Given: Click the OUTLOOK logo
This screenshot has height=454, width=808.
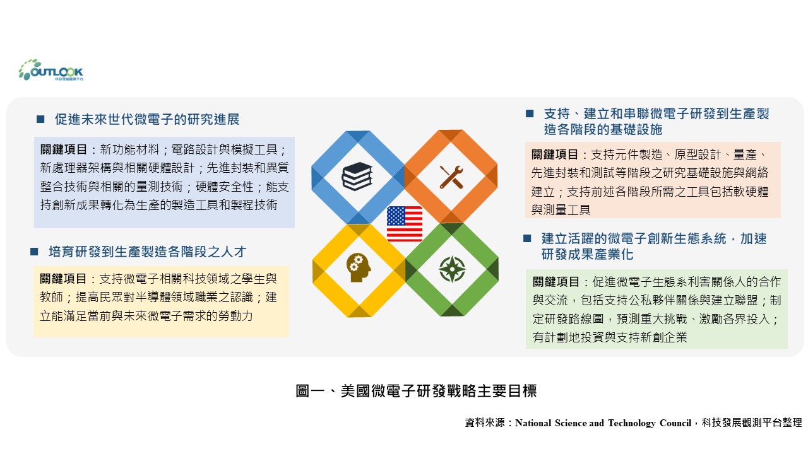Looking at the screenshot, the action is (51, 70).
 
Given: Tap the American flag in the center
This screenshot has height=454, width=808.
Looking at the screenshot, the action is (405, 224).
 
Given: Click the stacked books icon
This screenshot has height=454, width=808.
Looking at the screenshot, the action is (357, 176).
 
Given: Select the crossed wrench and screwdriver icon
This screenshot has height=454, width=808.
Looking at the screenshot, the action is (451, 177).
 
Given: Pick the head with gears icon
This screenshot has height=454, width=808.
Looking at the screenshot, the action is (358, 267).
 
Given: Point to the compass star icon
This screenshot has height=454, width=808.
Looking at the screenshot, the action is (452, 269).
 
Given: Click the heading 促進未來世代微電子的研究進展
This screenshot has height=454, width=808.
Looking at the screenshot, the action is (147, 119).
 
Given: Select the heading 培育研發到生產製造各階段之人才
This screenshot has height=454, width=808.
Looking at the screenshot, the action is (148, 252).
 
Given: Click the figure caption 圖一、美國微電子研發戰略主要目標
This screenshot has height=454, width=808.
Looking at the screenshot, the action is (416, 391).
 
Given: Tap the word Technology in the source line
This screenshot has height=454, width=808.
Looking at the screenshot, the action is (631, 423).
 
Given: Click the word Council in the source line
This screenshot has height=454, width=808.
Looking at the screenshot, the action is (675, 423).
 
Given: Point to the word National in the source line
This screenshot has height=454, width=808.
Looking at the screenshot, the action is (533, 423).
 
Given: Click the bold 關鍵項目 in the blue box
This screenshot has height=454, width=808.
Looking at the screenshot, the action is (64, 149).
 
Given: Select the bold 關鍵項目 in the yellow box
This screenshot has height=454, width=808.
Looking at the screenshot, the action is (62, 279).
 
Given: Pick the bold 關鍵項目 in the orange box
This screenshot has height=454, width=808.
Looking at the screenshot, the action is (554, 154).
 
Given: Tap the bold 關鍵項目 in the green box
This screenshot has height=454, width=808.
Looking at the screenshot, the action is (556, 282).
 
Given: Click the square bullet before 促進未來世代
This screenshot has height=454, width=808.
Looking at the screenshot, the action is (40, 119).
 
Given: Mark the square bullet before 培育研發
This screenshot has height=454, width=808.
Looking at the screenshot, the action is (34, 252).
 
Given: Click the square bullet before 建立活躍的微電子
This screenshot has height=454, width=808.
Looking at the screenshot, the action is (527, 238).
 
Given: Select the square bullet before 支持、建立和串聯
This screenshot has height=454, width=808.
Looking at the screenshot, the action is (530, 113).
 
